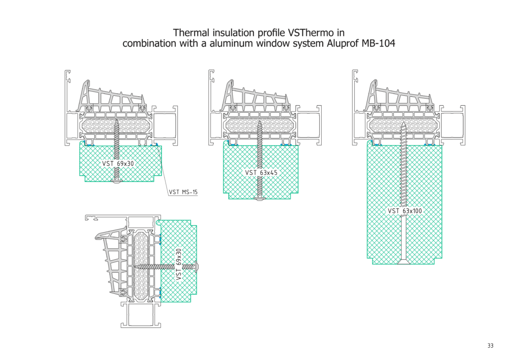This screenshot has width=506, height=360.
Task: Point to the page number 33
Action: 490,345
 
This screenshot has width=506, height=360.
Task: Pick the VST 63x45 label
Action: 261,173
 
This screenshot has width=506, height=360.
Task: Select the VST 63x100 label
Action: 405,211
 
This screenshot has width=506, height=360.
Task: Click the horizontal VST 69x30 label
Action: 118,163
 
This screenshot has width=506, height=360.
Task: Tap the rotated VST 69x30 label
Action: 179,264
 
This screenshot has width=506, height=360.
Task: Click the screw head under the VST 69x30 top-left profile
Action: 117,181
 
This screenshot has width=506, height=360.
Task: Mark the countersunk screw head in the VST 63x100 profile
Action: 404,262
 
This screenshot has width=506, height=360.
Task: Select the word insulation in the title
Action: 229,33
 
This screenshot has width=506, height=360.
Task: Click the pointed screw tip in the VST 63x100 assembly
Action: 404,124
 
